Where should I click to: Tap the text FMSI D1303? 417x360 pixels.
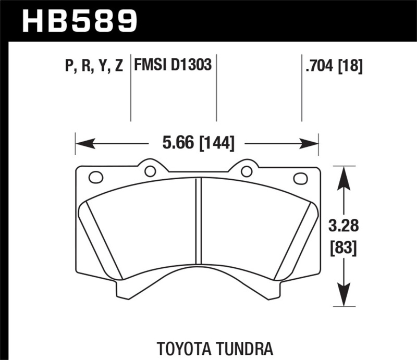click(173, 66)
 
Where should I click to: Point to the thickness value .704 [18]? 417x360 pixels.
click(332, 66)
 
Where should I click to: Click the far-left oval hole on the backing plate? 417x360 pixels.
click(96, 177)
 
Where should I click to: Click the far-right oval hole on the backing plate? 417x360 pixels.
click(301, 178)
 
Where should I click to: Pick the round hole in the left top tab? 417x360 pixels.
click(150, 171)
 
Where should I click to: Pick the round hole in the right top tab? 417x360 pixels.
click(247, 171)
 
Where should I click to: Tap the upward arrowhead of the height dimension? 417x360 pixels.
click(342, 175)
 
